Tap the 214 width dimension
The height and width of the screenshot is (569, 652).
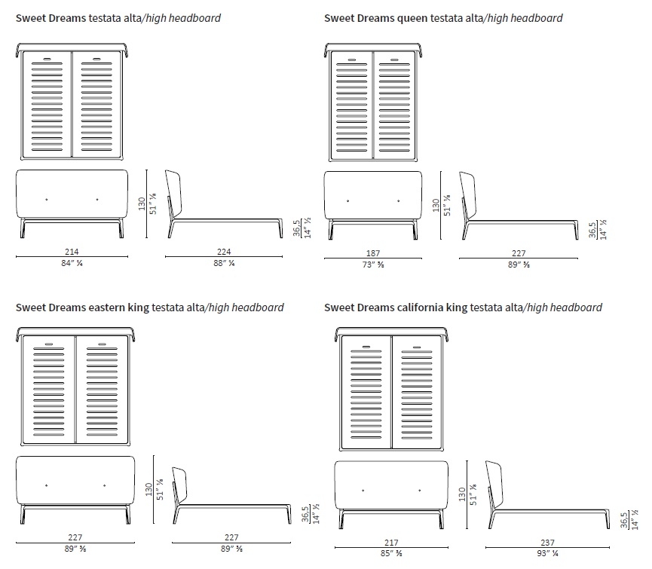click(x=72, y=252)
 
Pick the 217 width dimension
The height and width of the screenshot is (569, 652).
click(x=390, y=542)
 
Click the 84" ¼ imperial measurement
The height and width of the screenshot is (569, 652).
click(x=72, y=264)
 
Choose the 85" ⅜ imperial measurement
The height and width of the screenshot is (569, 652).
click(x=390, y=554)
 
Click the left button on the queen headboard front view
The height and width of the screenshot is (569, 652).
click(x=348, y=200)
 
